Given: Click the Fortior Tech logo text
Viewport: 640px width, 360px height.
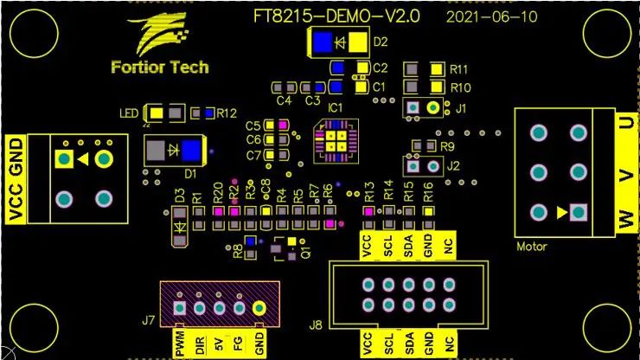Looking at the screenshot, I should (160, 67).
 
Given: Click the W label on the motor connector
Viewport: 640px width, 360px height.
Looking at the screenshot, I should (625, 222).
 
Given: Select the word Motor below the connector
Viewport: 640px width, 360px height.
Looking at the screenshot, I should (532, 247).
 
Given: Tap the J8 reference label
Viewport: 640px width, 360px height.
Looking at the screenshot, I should (317, 326).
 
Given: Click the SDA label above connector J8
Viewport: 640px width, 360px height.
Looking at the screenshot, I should (409, 246).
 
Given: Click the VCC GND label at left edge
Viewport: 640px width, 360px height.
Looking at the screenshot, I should (15, 179).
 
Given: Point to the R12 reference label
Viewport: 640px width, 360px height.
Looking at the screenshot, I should (227, 112).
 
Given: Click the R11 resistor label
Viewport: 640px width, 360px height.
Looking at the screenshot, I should (459, 68).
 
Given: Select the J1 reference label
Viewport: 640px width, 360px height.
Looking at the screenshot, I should (460, 108).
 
